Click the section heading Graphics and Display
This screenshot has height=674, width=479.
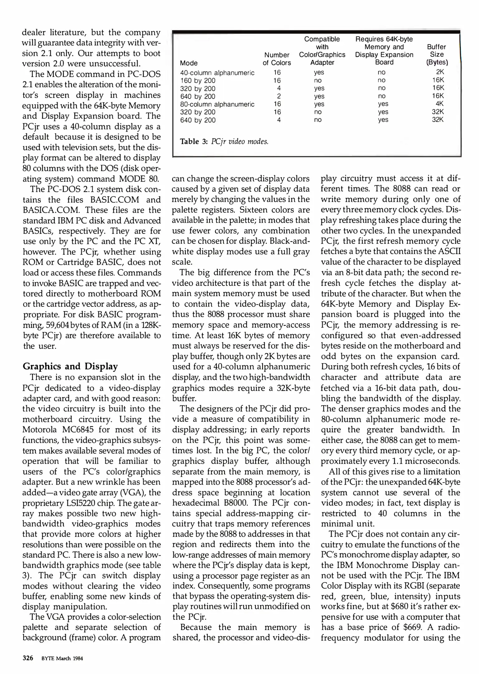tap(70, 366)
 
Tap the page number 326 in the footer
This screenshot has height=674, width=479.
tap(28, 658)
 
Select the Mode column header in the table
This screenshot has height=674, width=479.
tap(189, 63)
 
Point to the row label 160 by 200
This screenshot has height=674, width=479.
tap(198, 81)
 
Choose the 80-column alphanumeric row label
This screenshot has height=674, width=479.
tap(217, 104)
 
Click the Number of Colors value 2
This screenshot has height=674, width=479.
tap(279, 96)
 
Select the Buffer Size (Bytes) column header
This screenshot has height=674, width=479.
tap(437, 55)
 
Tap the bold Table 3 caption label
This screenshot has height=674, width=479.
tap(194, 141)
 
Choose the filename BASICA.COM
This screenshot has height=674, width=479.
tap(50, 210)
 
